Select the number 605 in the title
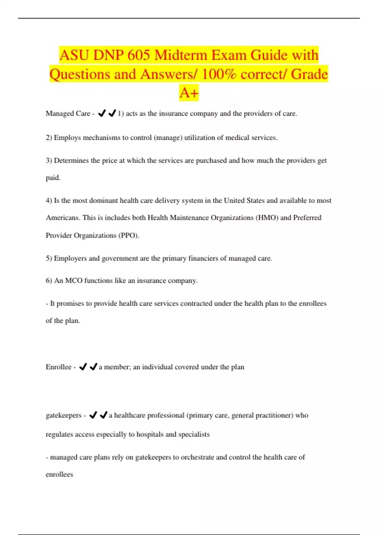(139, 55)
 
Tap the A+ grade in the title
(189, 93)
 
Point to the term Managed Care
(68, 114)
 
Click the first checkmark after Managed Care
(101, 113)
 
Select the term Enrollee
(59, 367)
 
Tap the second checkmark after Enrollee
(93, 367)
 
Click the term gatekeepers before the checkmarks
(64, 415)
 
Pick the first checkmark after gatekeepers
(93, 415)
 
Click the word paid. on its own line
(53, 178)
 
